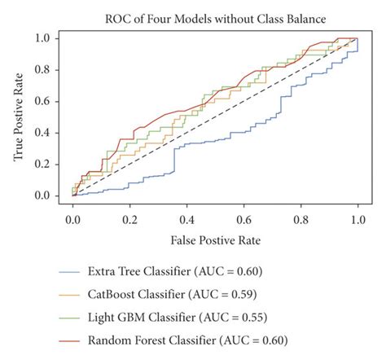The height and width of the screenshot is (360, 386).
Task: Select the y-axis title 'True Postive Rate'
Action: tap(18, 117)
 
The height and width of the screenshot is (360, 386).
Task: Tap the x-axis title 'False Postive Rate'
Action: tap(215, 242)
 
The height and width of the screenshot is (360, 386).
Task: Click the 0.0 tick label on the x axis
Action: tap(73, 219)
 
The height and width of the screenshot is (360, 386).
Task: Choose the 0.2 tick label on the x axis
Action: tap(130, 219)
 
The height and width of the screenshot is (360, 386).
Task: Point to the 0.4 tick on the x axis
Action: tap(186, 219)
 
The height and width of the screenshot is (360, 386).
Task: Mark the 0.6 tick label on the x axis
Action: tap(243, 219)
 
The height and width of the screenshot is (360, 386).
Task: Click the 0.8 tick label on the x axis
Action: tap(300, 219)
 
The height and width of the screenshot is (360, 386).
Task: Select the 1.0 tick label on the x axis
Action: tap(357, 219)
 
